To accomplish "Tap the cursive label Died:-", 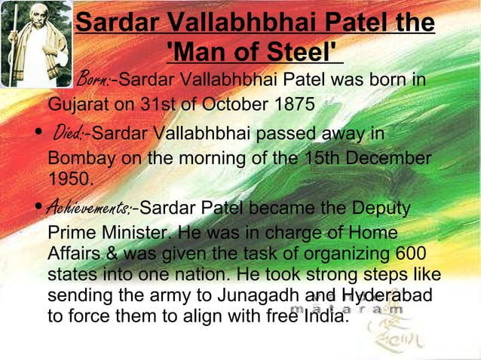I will click(70, 135).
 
